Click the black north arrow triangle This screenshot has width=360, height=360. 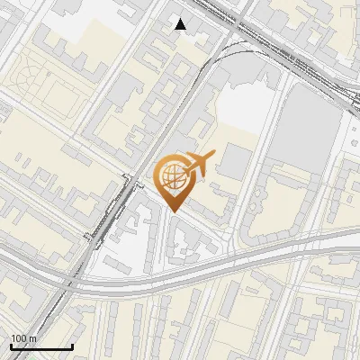tap(181, 24)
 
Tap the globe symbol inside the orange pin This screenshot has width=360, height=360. tap(174, 176)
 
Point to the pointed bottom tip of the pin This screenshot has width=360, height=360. tap(174, 212)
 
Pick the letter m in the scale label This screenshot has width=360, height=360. tap(33, 338)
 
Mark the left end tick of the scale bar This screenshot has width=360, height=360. tap(11, 346)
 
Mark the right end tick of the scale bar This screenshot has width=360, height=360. tap(73, 346)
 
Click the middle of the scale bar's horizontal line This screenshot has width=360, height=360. tap(41, 346)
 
